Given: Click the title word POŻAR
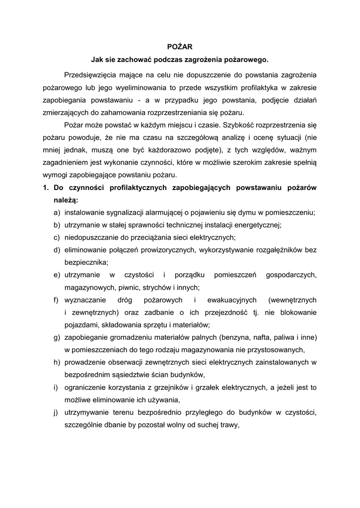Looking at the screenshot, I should coord(179,48).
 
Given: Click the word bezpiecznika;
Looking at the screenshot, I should coord(86,262).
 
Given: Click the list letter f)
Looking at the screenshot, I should coord(57,300).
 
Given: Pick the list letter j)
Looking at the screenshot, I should coord(56,412).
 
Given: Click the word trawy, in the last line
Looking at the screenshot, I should coord(228,425).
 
